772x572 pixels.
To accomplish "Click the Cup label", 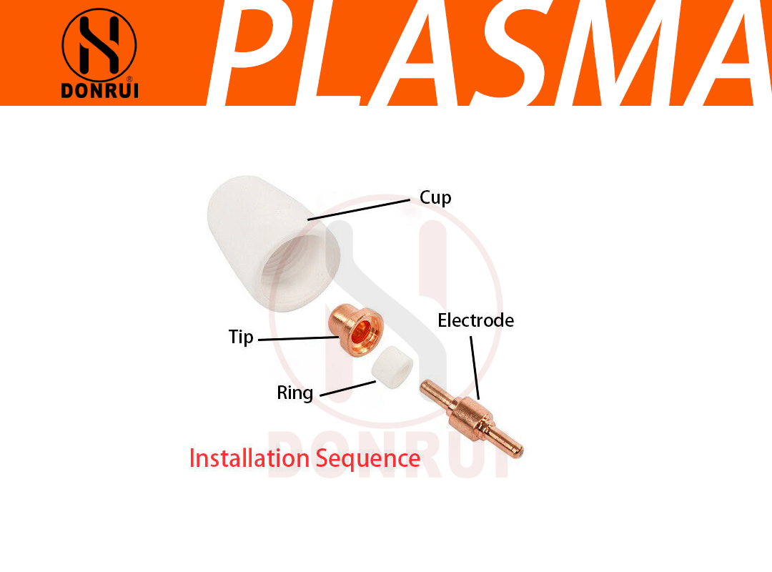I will click(435, 198).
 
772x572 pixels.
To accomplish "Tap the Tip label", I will click(241, 337).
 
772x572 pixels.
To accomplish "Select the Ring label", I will click(295, 393).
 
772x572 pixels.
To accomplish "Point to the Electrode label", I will click(475, 320).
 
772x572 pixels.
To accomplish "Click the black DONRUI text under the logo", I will click(99, 92).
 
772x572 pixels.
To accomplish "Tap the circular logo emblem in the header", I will click(99, 44).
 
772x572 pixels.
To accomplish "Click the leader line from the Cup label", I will click(361, 209).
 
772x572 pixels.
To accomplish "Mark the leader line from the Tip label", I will click(297, 337).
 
